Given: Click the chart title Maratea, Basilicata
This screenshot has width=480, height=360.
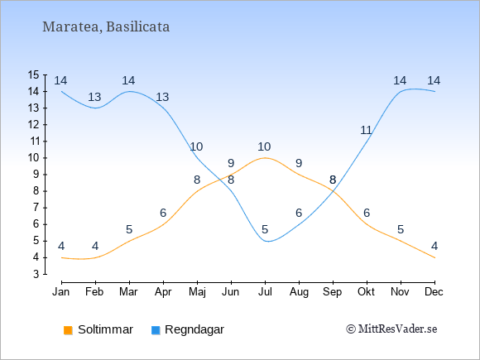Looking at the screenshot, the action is pyautogui.click(x=106, y=27).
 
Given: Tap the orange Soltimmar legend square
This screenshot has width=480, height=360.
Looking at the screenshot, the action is pyautogui.click(x=68, y=330).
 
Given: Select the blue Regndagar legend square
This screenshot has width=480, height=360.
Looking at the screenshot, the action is pyautogui.click(x=156, y=330).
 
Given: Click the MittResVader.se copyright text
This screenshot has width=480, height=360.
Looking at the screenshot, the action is pyautogui.click(x=391, y=329).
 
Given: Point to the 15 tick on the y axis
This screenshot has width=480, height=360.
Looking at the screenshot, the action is pyautogui.click(x=34, y=74).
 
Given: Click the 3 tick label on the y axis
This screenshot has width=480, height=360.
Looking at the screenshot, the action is pyautogui.click(x=36, y=274).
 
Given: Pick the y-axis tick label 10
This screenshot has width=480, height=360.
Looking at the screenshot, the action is pyautogui.click(x=34, y=157).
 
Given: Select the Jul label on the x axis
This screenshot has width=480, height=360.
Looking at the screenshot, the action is pyautogui.click(x=265, y=292).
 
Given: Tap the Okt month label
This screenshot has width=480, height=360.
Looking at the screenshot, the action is pyautogui.click(x=366, y=292).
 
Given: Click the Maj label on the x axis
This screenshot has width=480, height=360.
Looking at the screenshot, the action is pyautogui.click(x=197, y=292).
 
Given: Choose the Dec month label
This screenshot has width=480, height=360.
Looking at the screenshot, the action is pyautogui.click(x=434, y=292).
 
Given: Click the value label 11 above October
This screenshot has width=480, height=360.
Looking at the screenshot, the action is pyautogui.click(x=366, y=131).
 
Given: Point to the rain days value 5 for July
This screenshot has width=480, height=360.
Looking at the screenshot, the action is pyautogui.click(x=265, y=229).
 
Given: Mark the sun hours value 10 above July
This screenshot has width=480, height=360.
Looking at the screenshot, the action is pyautogui.click(x=264, y=147).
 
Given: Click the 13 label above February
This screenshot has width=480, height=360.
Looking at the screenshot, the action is pyautogui.click(x=94, y=98).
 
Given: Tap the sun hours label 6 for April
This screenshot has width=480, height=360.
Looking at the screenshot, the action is pyautogui.click(x=163, y=213).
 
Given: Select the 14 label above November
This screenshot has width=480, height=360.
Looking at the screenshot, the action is pyautogui.click(x=400, y=81).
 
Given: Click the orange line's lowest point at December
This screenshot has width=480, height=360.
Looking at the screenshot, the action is pyautogui.click(x=434, y=257).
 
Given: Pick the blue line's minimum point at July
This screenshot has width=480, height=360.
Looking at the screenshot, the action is pyautogui.click(x=267, y=241).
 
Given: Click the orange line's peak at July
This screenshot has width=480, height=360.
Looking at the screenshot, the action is pyautogui.click(x=265, y=157).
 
